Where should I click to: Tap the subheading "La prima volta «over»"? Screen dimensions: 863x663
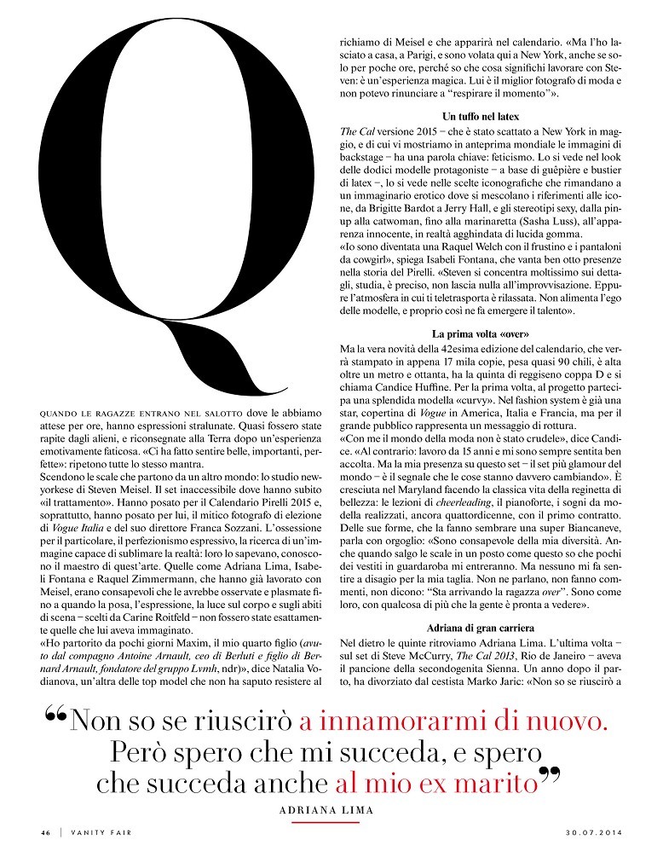(481, 333)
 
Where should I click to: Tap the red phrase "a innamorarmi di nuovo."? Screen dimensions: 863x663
(453, 722)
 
